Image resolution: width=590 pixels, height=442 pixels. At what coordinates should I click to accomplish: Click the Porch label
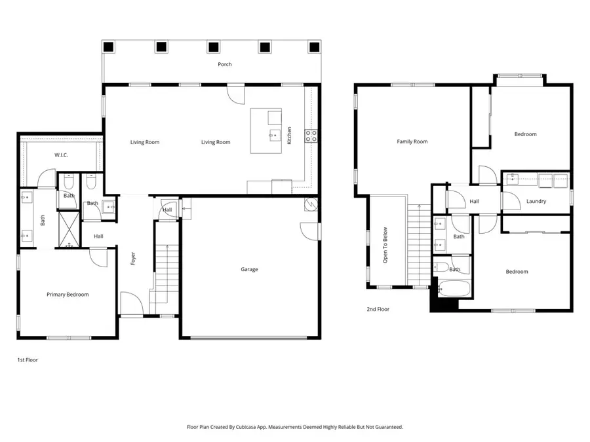click(225, 64)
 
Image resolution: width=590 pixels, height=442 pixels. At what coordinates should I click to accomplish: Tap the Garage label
click(249, 269)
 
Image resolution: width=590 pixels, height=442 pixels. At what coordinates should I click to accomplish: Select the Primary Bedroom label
click(68, 295)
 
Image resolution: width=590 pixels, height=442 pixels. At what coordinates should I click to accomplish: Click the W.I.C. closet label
click(61, 155)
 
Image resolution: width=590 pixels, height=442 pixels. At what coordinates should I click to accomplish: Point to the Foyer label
click(133, 259)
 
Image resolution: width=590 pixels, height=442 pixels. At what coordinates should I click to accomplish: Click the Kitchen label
click(289, 136)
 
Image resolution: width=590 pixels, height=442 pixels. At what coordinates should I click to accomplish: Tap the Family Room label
click(412, 141)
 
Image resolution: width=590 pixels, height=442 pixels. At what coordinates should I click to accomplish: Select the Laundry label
click(536, 201)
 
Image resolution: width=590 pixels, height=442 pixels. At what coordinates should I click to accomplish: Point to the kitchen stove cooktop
click(311, 136)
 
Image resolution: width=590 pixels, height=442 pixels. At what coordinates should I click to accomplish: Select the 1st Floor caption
click(27, 359)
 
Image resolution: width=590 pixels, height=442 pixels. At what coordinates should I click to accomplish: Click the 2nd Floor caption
click(378, 309)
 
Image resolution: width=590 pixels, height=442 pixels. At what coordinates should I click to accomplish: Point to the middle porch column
click(213, 46)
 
